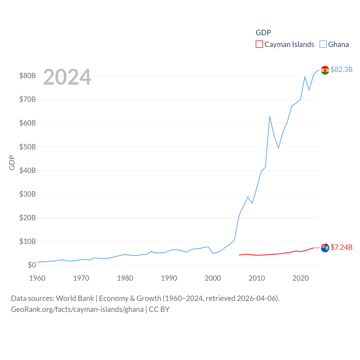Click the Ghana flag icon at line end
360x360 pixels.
click(x=325, y=70)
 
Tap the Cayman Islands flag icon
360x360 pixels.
click(x=325, y=248)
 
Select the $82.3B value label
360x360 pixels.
click(x=341, y=69)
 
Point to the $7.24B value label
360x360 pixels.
click(x=341, y=247)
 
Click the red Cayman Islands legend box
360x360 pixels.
click(x=259, y=44)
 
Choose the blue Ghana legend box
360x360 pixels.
click(x=323, y=44)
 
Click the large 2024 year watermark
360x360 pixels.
click(x=67, y=77)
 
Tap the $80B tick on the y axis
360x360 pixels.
click(x=28, y=76)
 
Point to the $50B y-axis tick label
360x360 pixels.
click(x=28, y=147)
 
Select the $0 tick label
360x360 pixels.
click(x=32, y=265)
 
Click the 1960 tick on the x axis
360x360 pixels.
click(x=37, y=278)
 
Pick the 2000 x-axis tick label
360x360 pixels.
click(x=213, y=278)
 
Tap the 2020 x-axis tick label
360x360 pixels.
click(x=301, y=278)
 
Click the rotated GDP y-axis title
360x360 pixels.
click(x=12, y=163)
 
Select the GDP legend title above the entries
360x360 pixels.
click(x=263, y=33)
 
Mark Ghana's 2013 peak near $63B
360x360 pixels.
click(x=270, y=116)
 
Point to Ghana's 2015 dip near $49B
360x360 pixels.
click(x=278, y=148)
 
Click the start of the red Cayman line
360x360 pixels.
click(x=239, y=255)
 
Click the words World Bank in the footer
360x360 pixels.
click(x=75, y=298)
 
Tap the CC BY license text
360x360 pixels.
click(x=159, y=309)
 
